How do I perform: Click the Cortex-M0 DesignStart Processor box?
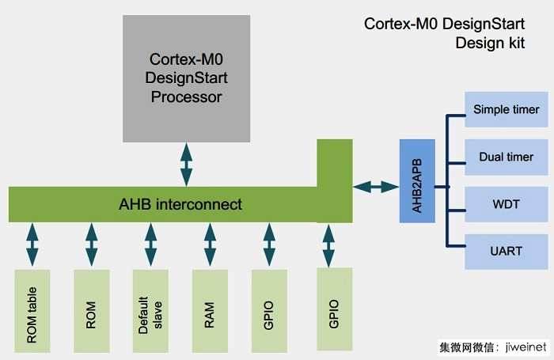point(186,78)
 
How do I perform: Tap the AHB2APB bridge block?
point(417,180)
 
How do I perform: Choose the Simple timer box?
point(506,109)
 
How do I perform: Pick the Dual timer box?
point(506,157)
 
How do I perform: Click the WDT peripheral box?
point(506,204)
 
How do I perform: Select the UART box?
point(506,251)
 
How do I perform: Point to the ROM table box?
point(32,311)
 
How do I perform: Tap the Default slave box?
point(150,311)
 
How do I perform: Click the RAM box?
point(210,311)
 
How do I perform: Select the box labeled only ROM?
point(91,311)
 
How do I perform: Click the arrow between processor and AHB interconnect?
point(186,165)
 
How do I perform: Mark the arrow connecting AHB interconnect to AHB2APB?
point(376,187)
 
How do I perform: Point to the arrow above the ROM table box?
point(32,244)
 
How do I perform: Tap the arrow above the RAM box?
point(210,244)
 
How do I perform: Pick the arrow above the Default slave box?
point(150,244)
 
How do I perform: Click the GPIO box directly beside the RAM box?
point(269,311)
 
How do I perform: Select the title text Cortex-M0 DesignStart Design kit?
point(452,32)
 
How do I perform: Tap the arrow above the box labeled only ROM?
point(92,244)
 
